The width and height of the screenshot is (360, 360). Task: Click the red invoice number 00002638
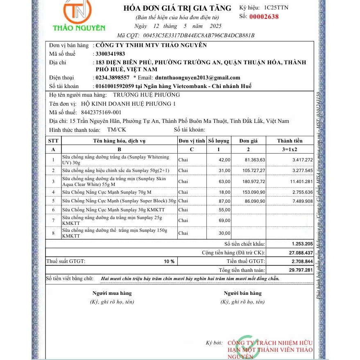tap(264, 17)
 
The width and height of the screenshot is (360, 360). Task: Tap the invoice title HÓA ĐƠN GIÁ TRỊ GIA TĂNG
tap(177, 8)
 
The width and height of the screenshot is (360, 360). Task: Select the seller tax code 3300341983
tap(110, 54)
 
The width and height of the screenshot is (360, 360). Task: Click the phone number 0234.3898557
tap(112, 77)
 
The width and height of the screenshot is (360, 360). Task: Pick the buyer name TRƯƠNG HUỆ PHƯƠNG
tap(146, 95)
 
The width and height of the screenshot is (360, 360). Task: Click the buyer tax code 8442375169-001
tap(101, 112)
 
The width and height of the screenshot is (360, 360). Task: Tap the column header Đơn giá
tap(249, 141)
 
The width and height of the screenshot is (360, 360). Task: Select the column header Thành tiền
tap(290, 141)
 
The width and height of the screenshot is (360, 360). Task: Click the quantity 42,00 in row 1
tap(225, 159)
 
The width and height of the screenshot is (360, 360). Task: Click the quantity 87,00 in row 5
tap(225, 201)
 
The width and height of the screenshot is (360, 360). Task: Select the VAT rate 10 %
tap(170, 261)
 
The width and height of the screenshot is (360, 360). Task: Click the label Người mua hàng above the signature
tap(112, 293)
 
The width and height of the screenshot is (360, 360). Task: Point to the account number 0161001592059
tap(114, 86)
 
